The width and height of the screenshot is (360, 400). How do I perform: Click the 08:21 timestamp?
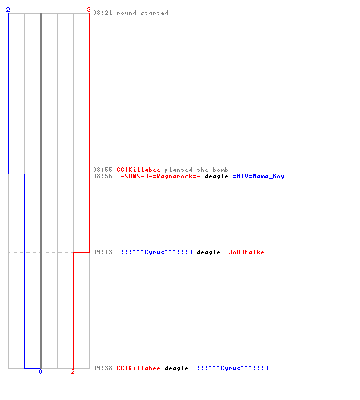coord(102,13)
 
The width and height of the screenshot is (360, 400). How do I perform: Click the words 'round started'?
coord(142,13)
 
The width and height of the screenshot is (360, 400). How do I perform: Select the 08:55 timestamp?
coord(102,170)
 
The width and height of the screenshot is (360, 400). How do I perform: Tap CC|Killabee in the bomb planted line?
coord(138,170)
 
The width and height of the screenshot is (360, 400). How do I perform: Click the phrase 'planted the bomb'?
coord(196,170)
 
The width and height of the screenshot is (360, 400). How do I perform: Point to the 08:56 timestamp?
coord(102,176)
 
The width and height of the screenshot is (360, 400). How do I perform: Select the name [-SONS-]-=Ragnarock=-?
coord(158,176)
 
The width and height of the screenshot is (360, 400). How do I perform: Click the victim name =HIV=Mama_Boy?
coord(258,176)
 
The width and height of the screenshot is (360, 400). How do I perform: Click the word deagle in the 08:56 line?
coord(216,176)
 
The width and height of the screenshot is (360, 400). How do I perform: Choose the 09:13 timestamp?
coord(102,252)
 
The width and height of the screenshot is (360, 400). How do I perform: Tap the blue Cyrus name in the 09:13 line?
coord(154,252)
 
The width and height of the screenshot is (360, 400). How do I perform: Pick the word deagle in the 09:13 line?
coord(208,252)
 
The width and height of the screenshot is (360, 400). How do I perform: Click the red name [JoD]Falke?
coord(245,252)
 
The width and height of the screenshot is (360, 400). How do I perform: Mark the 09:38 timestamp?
coord(102,368)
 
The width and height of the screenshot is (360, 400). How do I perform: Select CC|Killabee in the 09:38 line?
coord(138,368)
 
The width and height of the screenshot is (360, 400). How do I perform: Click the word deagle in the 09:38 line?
coord(176,368)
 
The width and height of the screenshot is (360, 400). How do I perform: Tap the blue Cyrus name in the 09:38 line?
coord(230,368)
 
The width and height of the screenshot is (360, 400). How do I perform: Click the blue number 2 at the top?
coord(8,10)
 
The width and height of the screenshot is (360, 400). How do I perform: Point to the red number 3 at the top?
coord(89,10)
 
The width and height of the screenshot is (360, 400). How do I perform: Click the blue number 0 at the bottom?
coord(40,371)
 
